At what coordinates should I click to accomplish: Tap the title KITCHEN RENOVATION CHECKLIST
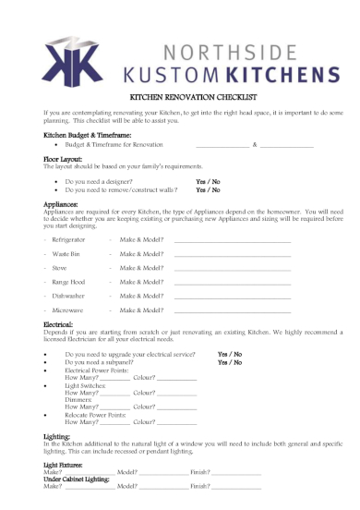[x=180, y=96]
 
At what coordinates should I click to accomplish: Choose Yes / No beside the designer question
[x=208, y=182]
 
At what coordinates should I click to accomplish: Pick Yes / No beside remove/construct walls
[x=208, y=190]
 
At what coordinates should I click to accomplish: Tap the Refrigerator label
[x=69, y=239]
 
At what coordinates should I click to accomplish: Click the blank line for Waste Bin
[x=232, y=253]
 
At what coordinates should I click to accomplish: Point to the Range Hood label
[x=69, y=281]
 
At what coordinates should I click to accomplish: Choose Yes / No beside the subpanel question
[x=230, y=363]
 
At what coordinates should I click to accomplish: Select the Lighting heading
[x=57, y=435]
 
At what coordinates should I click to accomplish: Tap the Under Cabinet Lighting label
[x=78, y=479]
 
